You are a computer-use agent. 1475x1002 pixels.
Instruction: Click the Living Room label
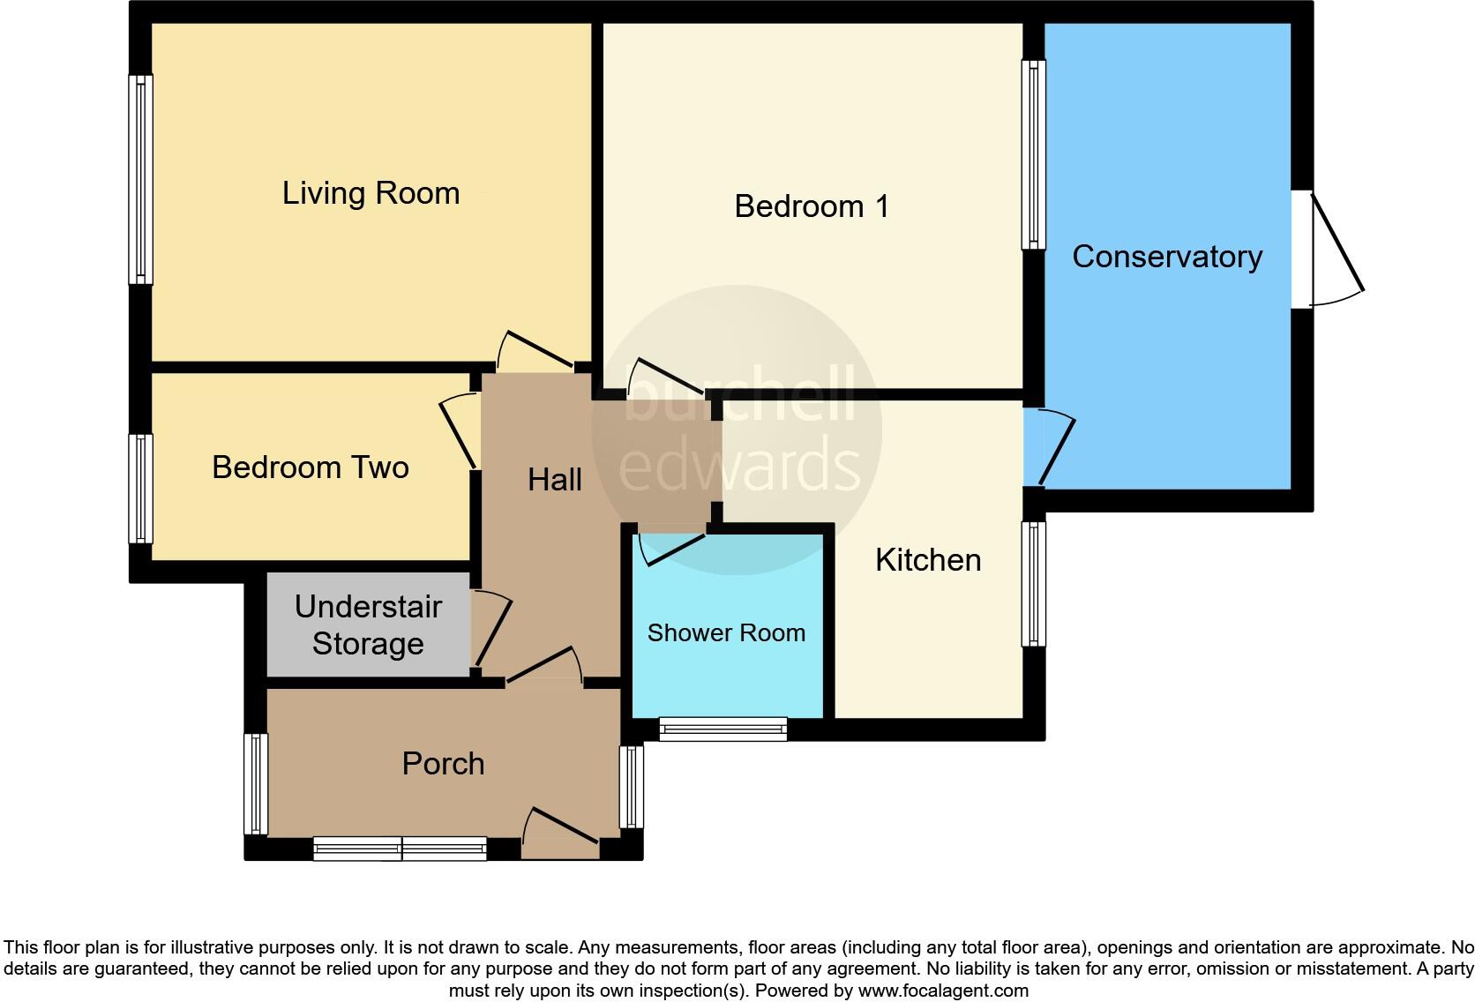pos(371,193)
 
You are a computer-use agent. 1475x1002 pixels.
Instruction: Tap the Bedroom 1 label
pos(811,206)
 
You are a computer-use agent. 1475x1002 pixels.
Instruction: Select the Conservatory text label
pos(1166,257)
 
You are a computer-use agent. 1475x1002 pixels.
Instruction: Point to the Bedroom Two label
pos(310,467)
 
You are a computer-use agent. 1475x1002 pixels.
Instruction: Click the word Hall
pos(554,480)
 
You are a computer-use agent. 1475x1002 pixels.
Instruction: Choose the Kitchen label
pos(927,560)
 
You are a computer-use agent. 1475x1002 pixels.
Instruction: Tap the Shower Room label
pos(726,633)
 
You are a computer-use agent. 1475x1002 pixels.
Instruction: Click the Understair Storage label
pos(368,625)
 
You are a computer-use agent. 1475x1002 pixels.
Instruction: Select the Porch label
pos(443,763)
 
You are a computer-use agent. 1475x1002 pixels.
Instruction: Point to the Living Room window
pos(140,180)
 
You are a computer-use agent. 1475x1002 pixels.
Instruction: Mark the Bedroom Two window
pos(140,488)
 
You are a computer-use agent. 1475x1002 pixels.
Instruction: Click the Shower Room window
pos(723,729)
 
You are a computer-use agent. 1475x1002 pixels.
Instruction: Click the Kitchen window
pos(1033,584)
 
